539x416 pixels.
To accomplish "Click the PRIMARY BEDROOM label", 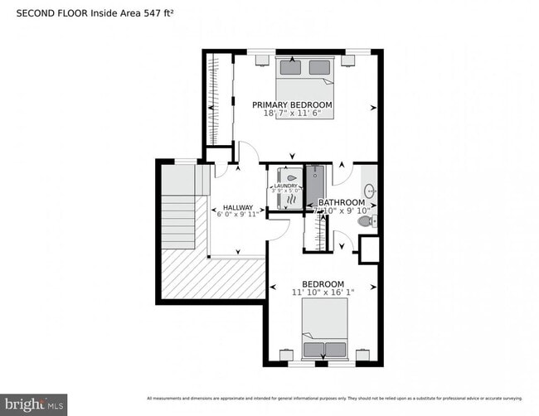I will click(x=292, y=104).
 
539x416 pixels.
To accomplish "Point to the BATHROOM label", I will click(x=342, y=202).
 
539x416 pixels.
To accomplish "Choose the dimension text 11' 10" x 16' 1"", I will click(x=323, y=292).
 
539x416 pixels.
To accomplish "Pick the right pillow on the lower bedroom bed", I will click(x=336, y=348).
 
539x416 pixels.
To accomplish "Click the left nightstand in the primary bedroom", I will click(x=260, y=60).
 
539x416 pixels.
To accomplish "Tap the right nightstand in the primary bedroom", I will click(x=349, y=60).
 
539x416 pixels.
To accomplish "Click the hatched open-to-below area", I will click(x=212, y=278).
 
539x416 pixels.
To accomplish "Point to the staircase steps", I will click(x=177, y=220).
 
